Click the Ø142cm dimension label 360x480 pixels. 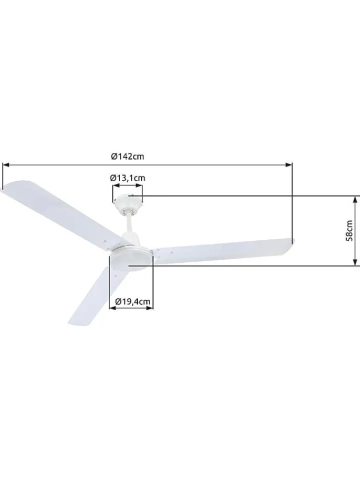127,156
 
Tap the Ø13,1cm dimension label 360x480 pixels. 127,178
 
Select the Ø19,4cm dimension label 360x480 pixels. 133,301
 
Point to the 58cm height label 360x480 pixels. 349,230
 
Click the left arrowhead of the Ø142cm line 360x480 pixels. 6,164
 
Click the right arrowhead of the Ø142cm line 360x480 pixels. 288,164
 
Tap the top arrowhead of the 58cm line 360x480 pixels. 355,199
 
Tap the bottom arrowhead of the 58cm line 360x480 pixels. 355,262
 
